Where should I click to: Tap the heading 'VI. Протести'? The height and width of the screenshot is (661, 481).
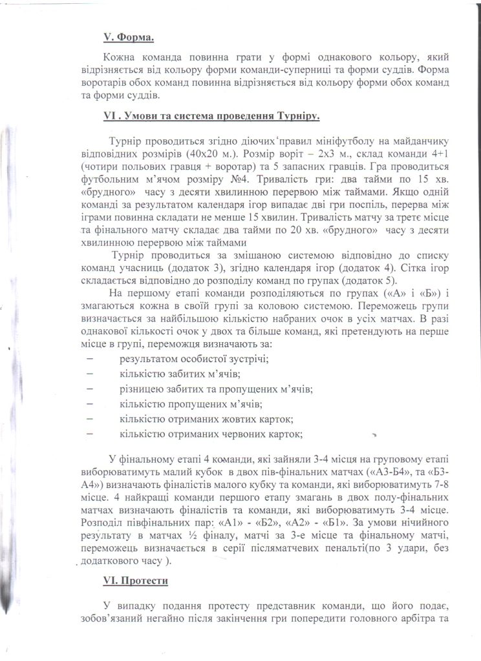(x=135, y=580)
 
